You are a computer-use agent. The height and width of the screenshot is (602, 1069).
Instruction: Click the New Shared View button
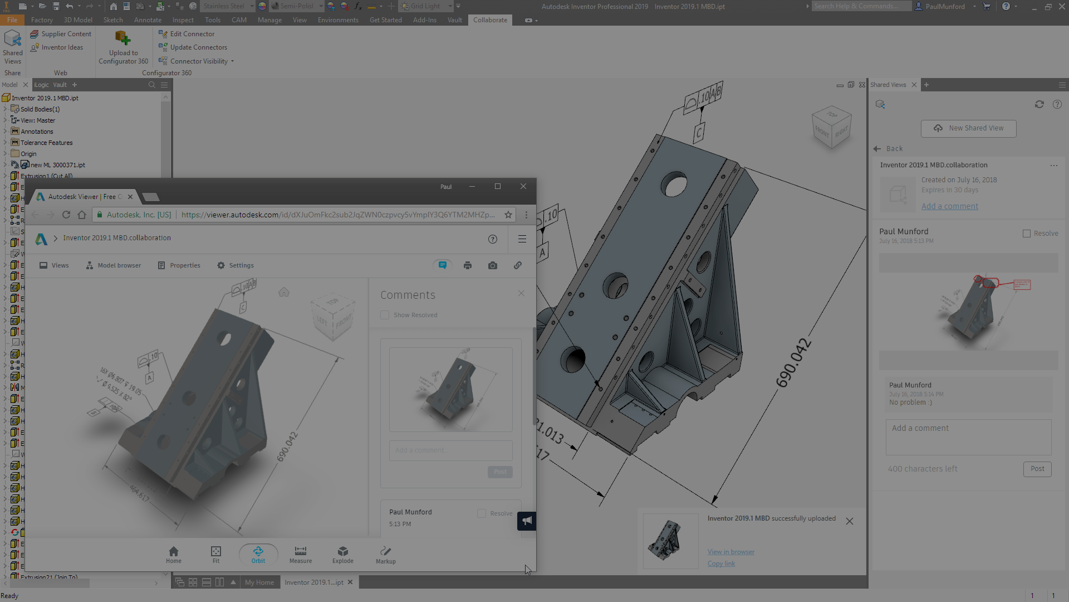pos(968,128)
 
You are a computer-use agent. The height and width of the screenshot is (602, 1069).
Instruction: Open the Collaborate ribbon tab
pos(490,20)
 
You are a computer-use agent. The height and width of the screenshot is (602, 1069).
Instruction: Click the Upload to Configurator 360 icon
pos(123,39)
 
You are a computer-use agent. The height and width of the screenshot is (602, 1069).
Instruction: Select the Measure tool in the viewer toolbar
pos(301,555)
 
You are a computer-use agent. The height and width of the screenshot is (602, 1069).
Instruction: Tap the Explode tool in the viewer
pos(343,555)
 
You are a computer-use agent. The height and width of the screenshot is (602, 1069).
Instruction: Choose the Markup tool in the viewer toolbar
pos(385,555)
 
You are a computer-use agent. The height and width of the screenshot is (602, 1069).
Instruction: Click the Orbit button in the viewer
pos(258,555)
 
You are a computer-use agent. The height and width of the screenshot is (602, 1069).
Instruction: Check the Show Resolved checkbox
pos(385,315)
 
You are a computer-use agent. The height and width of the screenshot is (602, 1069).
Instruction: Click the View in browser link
pos(731,552)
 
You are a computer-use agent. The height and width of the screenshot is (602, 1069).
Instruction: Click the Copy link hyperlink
pos(721,564)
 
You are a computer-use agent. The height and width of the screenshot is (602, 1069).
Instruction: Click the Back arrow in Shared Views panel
pos(877,149)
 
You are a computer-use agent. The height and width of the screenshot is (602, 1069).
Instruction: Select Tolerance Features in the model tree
pos(47,143)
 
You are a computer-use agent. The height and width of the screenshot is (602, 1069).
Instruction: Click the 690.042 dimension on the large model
pos(793,362)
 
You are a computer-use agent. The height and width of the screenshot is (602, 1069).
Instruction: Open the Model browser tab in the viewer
pos(114,265)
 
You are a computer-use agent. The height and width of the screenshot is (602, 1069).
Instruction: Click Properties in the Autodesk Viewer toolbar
pos(179,265)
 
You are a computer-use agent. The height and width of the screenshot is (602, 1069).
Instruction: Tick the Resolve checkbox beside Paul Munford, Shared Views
pos(1027,234)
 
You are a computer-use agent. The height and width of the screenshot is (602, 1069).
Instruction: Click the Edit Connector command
pos(192,34)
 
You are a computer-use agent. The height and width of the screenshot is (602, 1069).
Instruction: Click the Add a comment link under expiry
pos(949,206)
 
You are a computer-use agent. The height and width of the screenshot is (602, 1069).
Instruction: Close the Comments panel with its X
pos(521,293)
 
